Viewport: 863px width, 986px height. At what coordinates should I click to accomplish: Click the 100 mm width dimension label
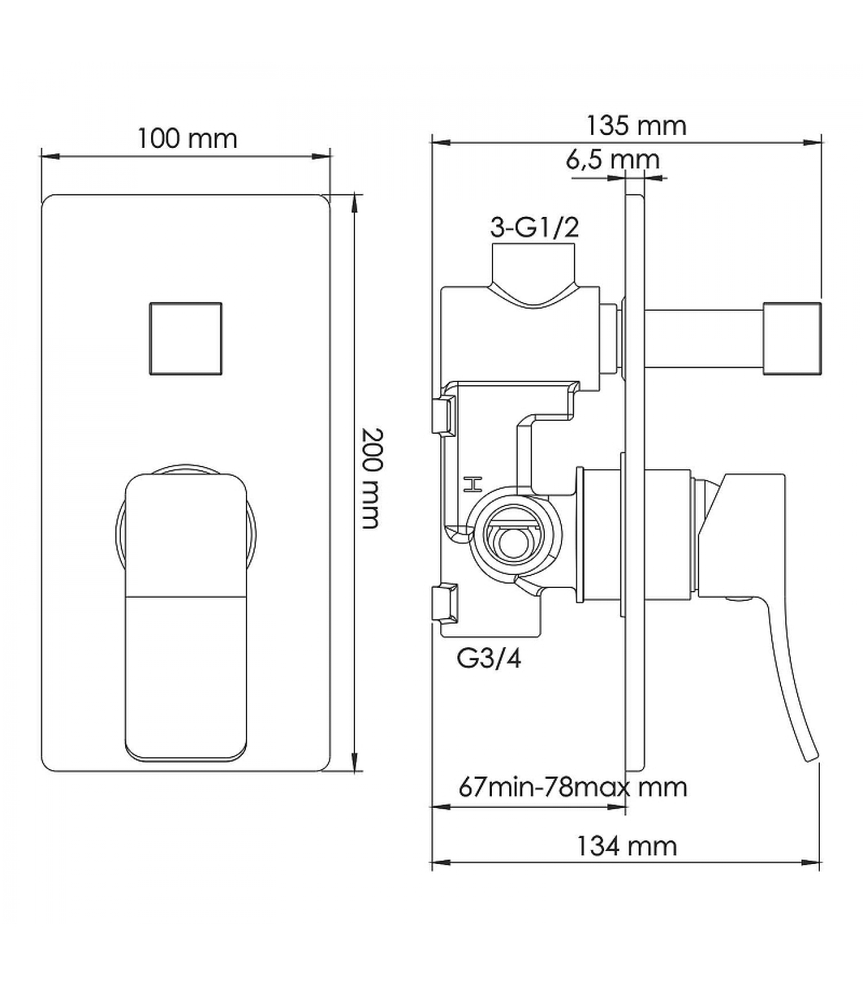click(187, 139)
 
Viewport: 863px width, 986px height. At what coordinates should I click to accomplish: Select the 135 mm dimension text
click(636, 126)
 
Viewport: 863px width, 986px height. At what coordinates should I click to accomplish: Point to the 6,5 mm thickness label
click(613, 160)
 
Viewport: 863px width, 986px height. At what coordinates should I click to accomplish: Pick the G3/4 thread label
click(489, 659)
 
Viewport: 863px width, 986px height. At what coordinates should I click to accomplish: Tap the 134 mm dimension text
click(626, 846)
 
